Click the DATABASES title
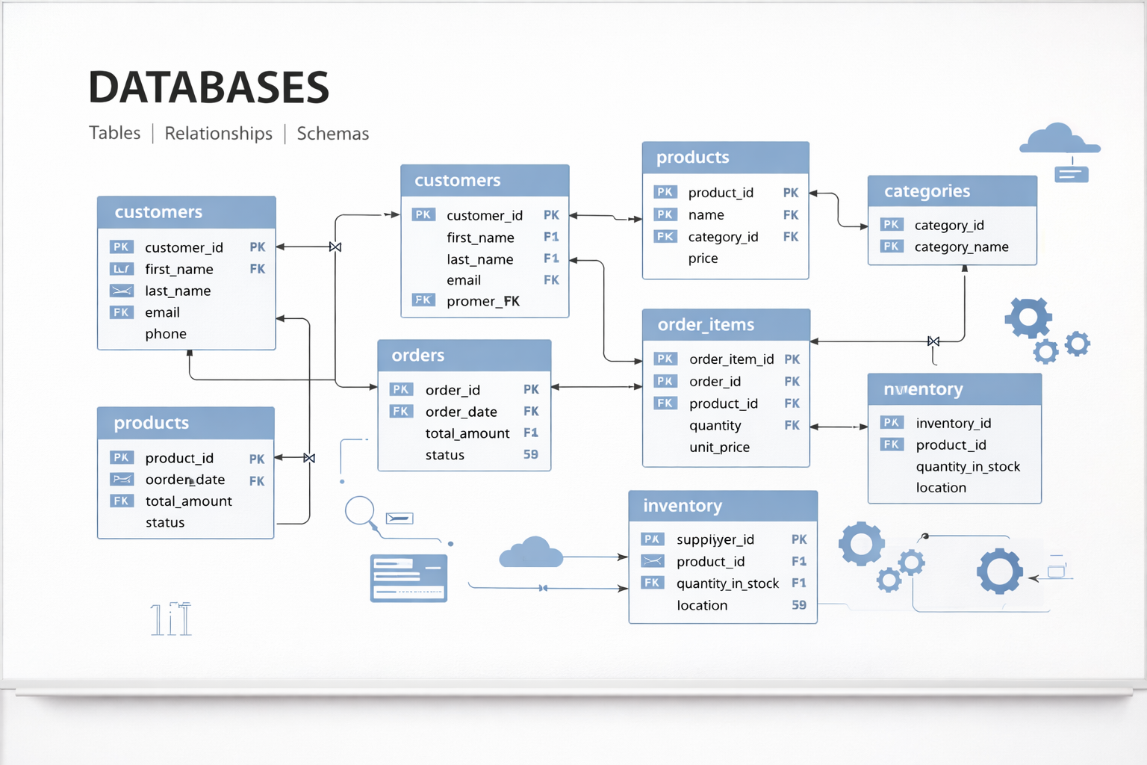[x=208, y=87]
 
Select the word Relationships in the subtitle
[x=218, y=133]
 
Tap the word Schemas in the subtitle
[x=332, y=134]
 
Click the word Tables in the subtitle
[x=114, y=133]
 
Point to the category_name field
[x=961, y=247]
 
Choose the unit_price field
[x=719, y=447]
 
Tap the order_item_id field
[x=731, y=359]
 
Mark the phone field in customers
[x=166, y=334]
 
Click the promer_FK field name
[x=482, y=301]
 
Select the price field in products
[x=703, y=258]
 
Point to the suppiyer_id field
[x=715, y=539]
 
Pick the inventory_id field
[x=953, y=424]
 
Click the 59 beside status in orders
[x=530, y=454]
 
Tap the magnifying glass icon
[x=360, y=512]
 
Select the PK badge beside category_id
[x=891, y=225]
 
